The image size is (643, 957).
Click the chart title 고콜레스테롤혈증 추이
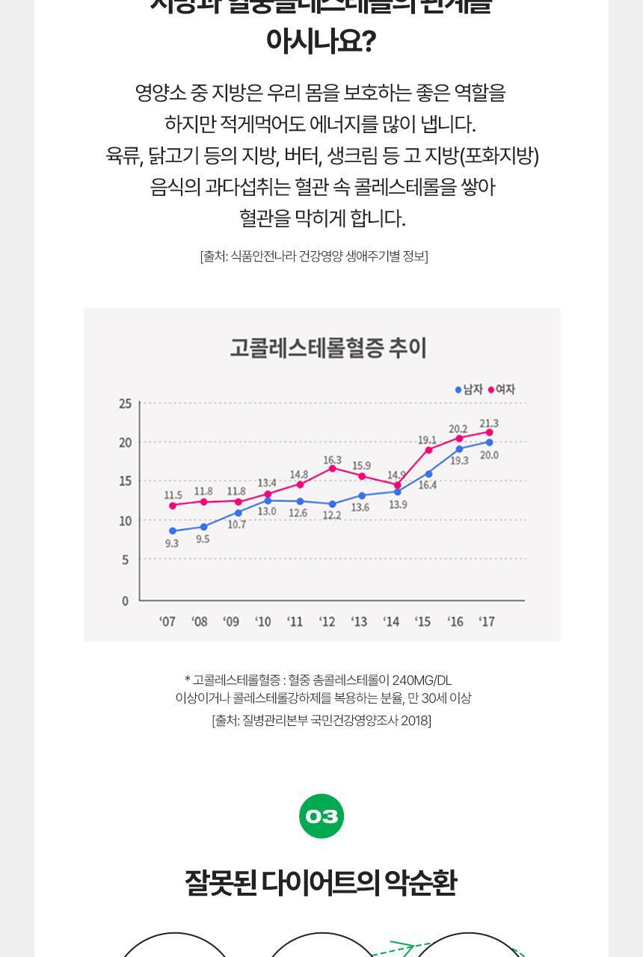coord(327,348)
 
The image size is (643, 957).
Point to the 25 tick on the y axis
coord(125,404)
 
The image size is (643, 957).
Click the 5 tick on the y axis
coord(125,560)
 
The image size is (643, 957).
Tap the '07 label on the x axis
coord(167,622)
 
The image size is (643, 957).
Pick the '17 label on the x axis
coord(487,622)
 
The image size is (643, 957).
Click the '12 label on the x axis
coord(327,622)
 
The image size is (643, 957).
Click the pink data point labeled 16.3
coord(333,469)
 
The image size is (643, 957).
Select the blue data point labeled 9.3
coord(173,531)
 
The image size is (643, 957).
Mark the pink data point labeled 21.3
coord(490,432)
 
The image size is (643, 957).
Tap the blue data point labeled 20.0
coord(490,443)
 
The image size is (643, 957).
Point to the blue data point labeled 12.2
coord(333,504)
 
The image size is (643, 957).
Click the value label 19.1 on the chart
coord(427,440)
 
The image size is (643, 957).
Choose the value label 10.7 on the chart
coord(237,525)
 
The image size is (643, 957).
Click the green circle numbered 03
coord(321,816)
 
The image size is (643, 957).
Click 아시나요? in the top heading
coord(321,41)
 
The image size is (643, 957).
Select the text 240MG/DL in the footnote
coord(422,680)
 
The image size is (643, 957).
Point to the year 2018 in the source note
coord(414,721)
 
